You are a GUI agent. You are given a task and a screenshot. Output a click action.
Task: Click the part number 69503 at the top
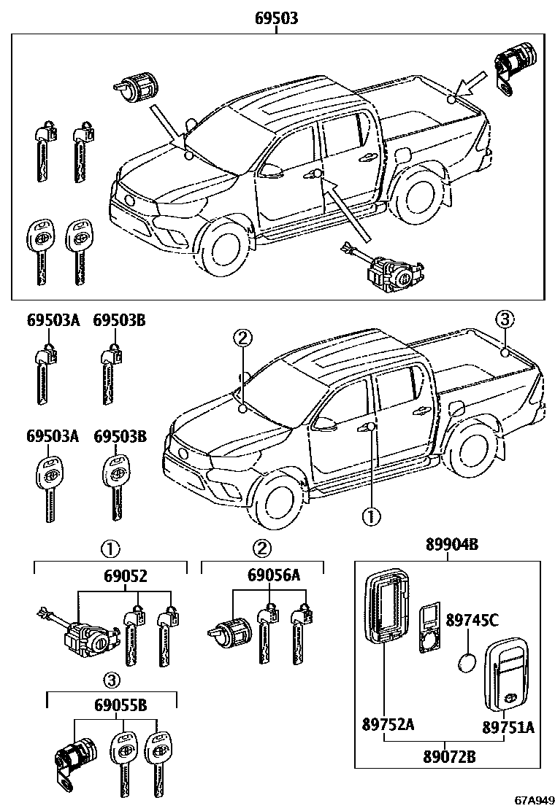click(x=276, y=20)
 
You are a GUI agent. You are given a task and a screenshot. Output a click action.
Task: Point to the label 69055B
click(x=112, y=706)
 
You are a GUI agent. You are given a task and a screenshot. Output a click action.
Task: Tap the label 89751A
click(x=508, y=727)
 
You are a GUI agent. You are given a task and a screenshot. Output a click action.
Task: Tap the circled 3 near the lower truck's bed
click(x=505, y=319)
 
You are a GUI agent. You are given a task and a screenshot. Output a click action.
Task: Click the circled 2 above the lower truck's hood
click(x=243, y=338)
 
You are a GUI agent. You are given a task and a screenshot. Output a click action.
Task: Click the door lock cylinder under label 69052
click(x=85, y=637)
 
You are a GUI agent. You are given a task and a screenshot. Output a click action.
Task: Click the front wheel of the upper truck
click(x=222, y=249)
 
